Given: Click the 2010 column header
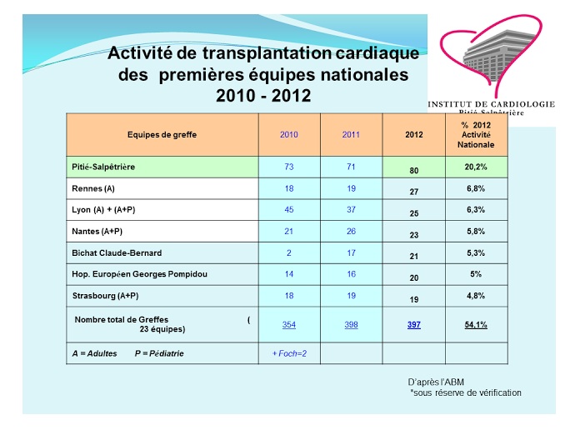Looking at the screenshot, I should tap(289, 134).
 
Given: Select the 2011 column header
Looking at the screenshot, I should tap(351, 134).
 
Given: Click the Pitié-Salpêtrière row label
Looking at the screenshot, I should tap(103, 167).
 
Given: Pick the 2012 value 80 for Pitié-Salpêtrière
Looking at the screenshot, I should tap(413, 171).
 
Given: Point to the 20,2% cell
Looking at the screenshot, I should tap(476, 167).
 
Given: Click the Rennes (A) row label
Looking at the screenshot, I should tap(93, 189).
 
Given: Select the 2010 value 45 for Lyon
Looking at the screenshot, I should tap(289, 210).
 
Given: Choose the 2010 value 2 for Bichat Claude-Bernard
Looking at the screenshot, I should tap(289, 252).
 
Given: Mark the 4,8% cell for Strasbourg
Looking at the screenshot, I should tap(476, 294).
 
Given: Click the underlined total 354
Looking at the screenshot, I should tap(289, 324).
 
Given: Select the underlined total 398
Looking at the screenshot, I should tap(351, 324).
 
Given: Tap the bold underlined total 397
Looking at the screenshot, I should tap(413, 324).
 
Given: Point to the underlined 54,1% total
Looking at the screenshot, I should tap(476, 324).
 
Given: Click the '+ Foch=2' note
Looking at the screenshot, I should tap(290, 353).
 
